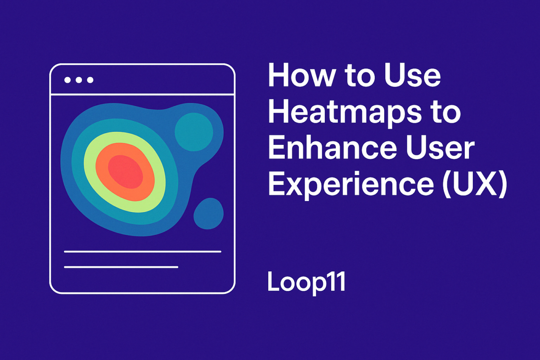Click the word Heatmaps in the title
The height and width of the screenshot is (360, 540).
pos(342,114)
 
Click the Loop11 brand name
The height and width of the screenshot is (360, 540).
pos(306,282)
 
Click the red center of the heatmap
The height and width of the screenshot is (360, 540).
pos(126,171)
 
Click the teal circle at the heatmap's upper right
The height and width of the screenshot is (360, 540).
pos(193,132)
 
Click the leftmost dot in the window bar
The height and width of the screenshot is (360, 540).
pos(67,80)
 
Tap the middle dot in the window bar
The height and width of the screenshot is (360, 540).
pos(79,80)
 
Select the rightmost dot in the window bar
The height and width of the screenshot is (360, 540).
pos(90,80)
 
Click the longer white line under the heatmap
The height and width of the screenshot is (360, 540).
pos(143,252)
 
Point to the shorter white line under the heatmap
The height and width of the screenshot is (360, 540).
pos(121,267)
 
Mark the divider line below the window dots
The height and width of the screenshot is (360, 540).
pos(143,94)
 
